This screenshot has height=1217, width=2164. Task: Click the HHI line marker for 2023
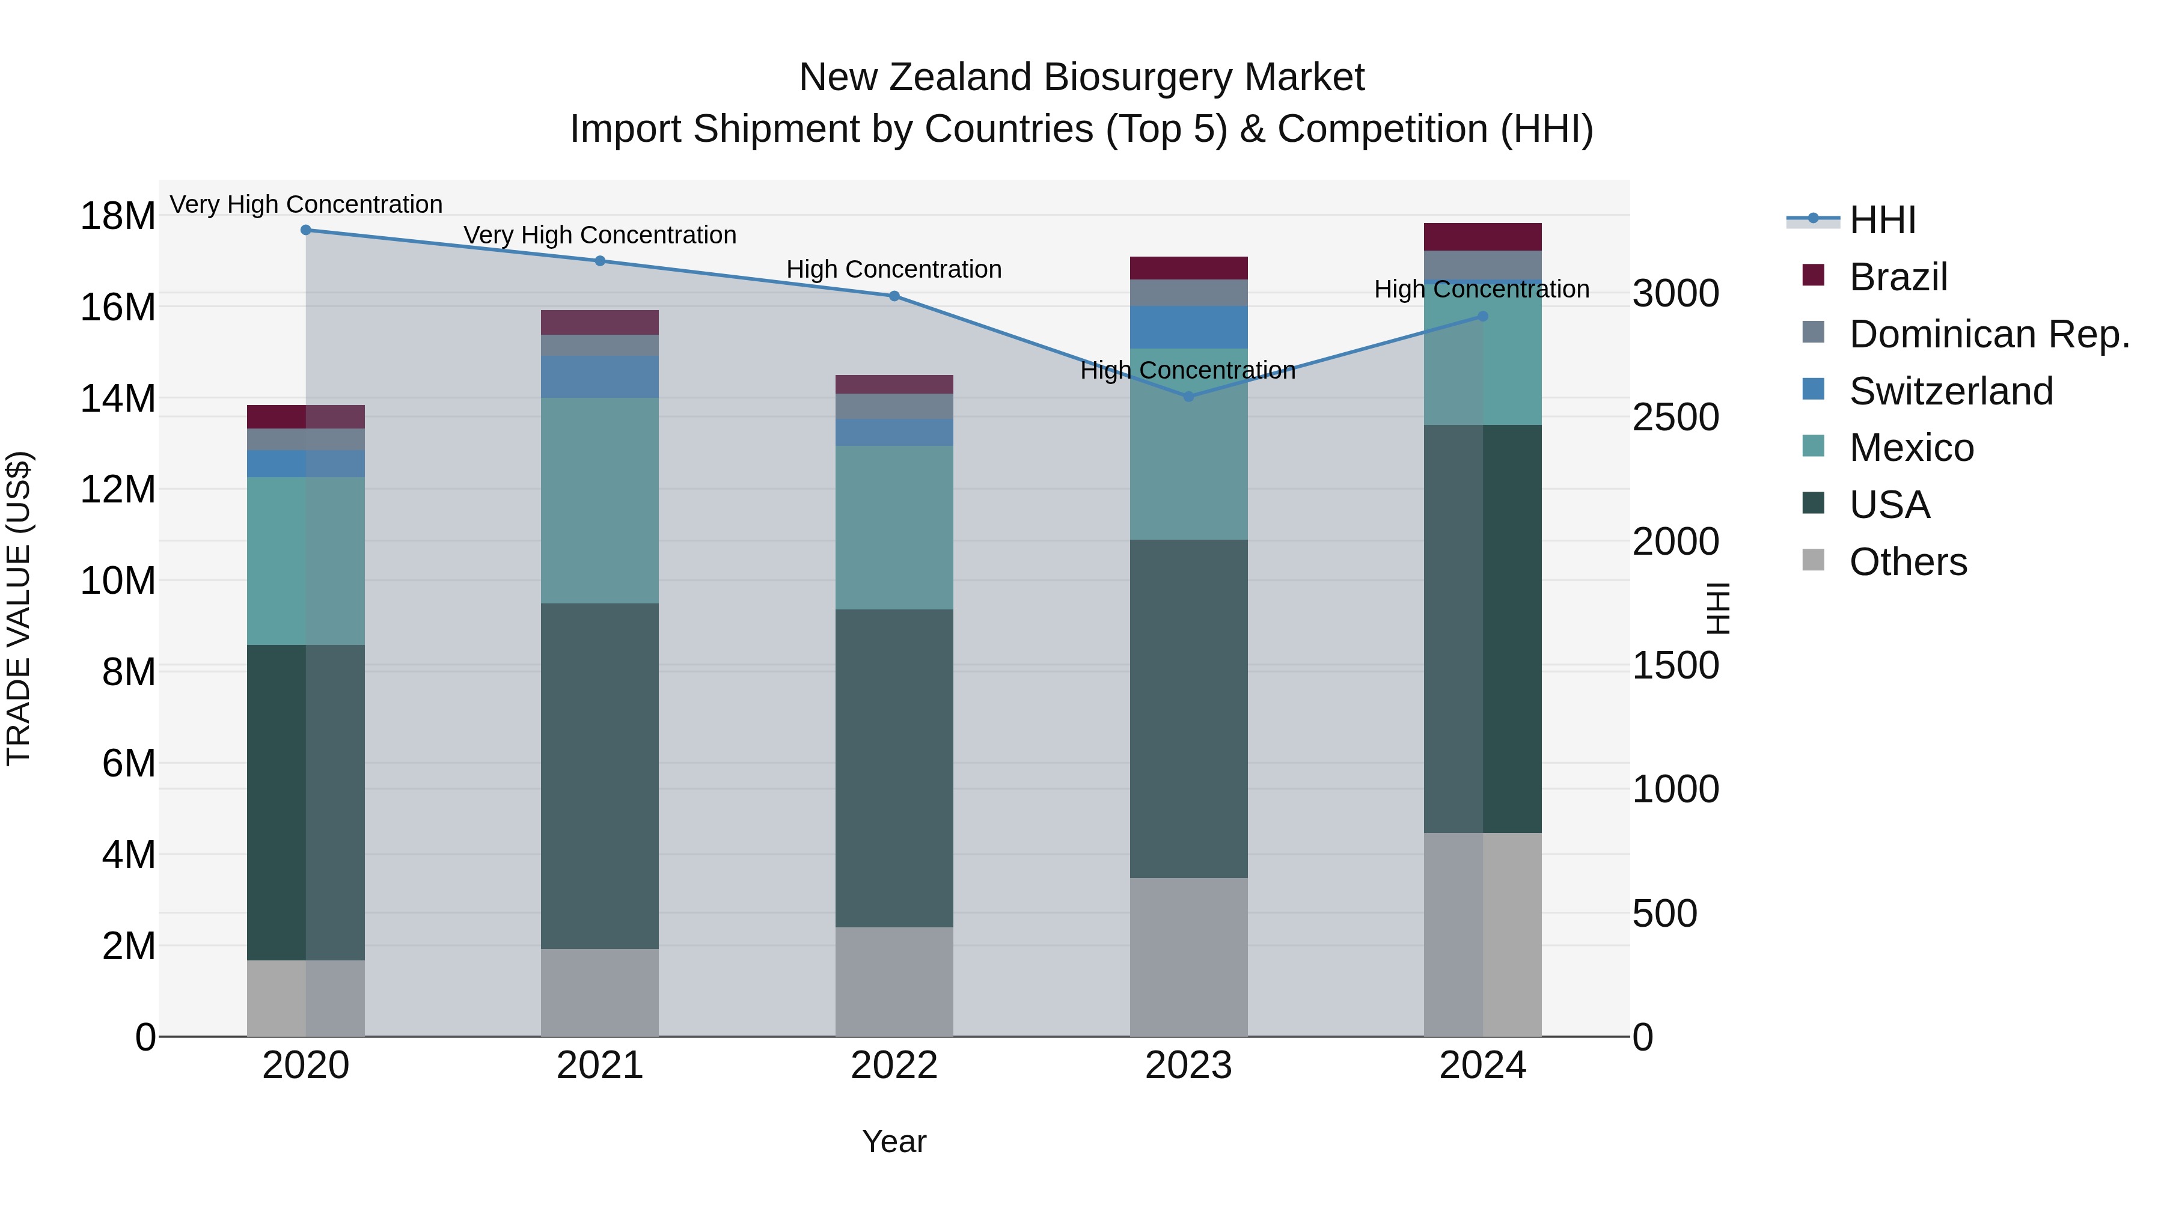point(1188,397)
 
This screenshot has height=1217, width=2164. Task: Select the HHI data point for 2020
point(306,230)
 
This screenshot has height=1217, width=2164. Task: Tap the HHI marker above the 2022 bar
point(894,296)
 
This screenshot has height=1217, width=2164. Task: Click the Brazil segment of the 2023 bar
point(1188,268)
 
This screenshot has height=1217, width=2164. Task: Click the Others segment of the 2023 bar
point(1188,957)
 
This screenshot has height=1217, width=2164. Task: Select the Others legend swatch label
point(1907,562)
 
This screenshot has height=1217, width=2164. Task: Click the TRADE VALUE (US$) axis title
point(19,608)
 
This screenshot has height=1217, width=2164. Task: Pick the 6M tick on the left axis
point(127,763)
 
